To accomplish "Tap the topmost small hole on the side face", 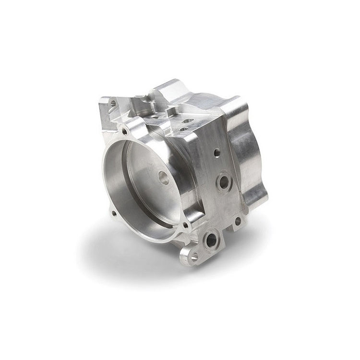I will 217,153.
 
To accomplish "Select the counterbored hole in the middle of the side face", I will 224,182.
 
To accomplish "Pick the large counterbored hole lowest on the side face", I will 211,239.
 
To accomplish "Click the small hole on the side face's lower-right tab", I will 238,220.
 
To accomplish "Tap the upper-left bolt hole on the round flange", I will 124,131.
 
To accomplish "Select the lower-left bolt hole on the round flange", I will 114,214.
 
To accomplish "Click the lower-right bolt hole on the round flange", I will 185,225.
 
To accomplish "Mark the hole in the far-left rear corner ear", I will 113,103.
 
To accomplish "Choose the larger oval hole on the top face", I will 188,121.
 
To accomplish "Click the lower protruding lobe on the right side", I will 255,190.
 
